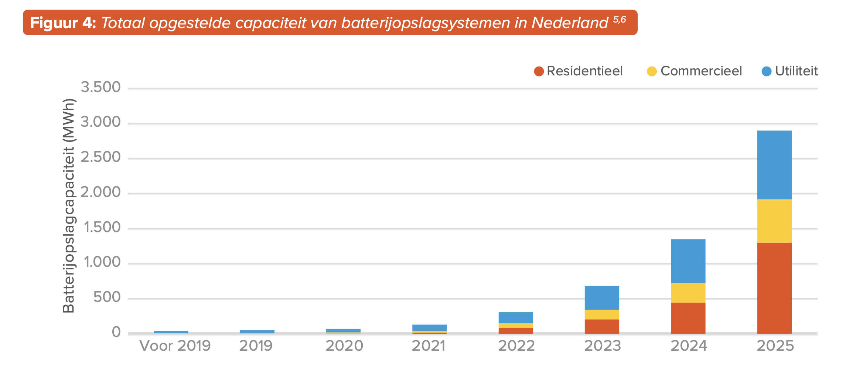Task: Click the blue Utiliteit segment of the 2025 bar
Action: pyautogui.click(x=774, y=165)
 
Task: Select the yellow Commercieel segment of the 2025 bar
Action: pyautogui.click(x=774, y=221)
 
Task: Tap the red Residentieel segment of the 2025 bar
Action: pyautogui.click(x=774, y=288)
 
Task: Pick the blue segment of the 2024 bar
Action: pyautogui.click(x=688, y=261)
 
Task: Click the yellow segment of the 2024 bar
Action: pyautogui.click(x=688, y=293)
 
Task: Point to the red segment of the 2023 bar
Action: pyautogui.click(x=602, y=327)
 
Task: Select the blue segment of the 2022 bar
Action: pyautogui.click(x=516, y=317)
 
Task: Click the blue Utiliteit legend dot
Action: pyautogui.click(x=767, y=71)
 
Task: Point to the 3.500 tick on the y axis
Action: pyautogui.click(x=100, y=87)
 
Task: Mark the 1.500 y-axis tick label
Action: pyautogui.click(x=102, y=227)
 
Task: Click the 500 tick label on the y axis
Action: pyautogui.click(x=107, y=297)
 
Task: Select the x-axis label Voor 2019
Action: pyautogui.click(x=175, y=346)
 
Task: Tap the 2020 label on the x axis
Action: pyautogui.click(x=344, y=346)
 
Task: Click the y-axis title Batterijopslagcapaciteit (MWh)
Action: pyautogui.click(x=69, y=205)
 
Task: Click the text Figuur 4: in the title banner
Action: pyautogui.click(x=63, y=23)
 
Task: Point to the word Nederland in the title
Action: pyautogui.click(x=570, y=23)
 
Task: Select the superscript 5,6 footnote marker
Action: pyautogui.click(x=620, y=19)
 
